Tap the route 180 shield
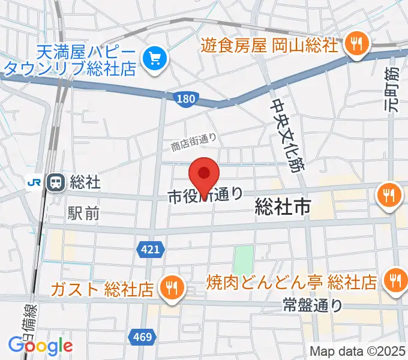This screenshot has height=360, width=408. pyautogui.click(x=185, y=98)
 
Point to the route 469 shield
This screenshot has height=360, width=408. pyautogui.click(x=142, y=337)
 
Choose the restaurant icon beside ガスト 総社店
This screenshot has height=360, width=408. pyautogui.click(x=172, y=288)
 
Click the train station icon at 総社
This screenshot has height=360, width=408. pyautogui.click(x=56, y=181)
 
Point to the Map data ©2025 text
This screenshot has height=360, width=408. pyautogui.click(x=358, y=350)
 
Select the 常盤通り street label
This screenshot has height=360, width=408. pyautogui.click(x=312, y=305)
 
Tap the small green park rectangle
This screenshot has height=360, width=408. pyautogui.click(x=243, y=258)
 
